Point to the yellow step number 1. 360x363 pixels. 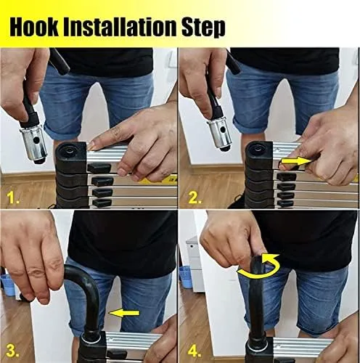coord(15,196)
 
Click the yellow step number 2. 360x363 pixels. coord(194,196)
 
